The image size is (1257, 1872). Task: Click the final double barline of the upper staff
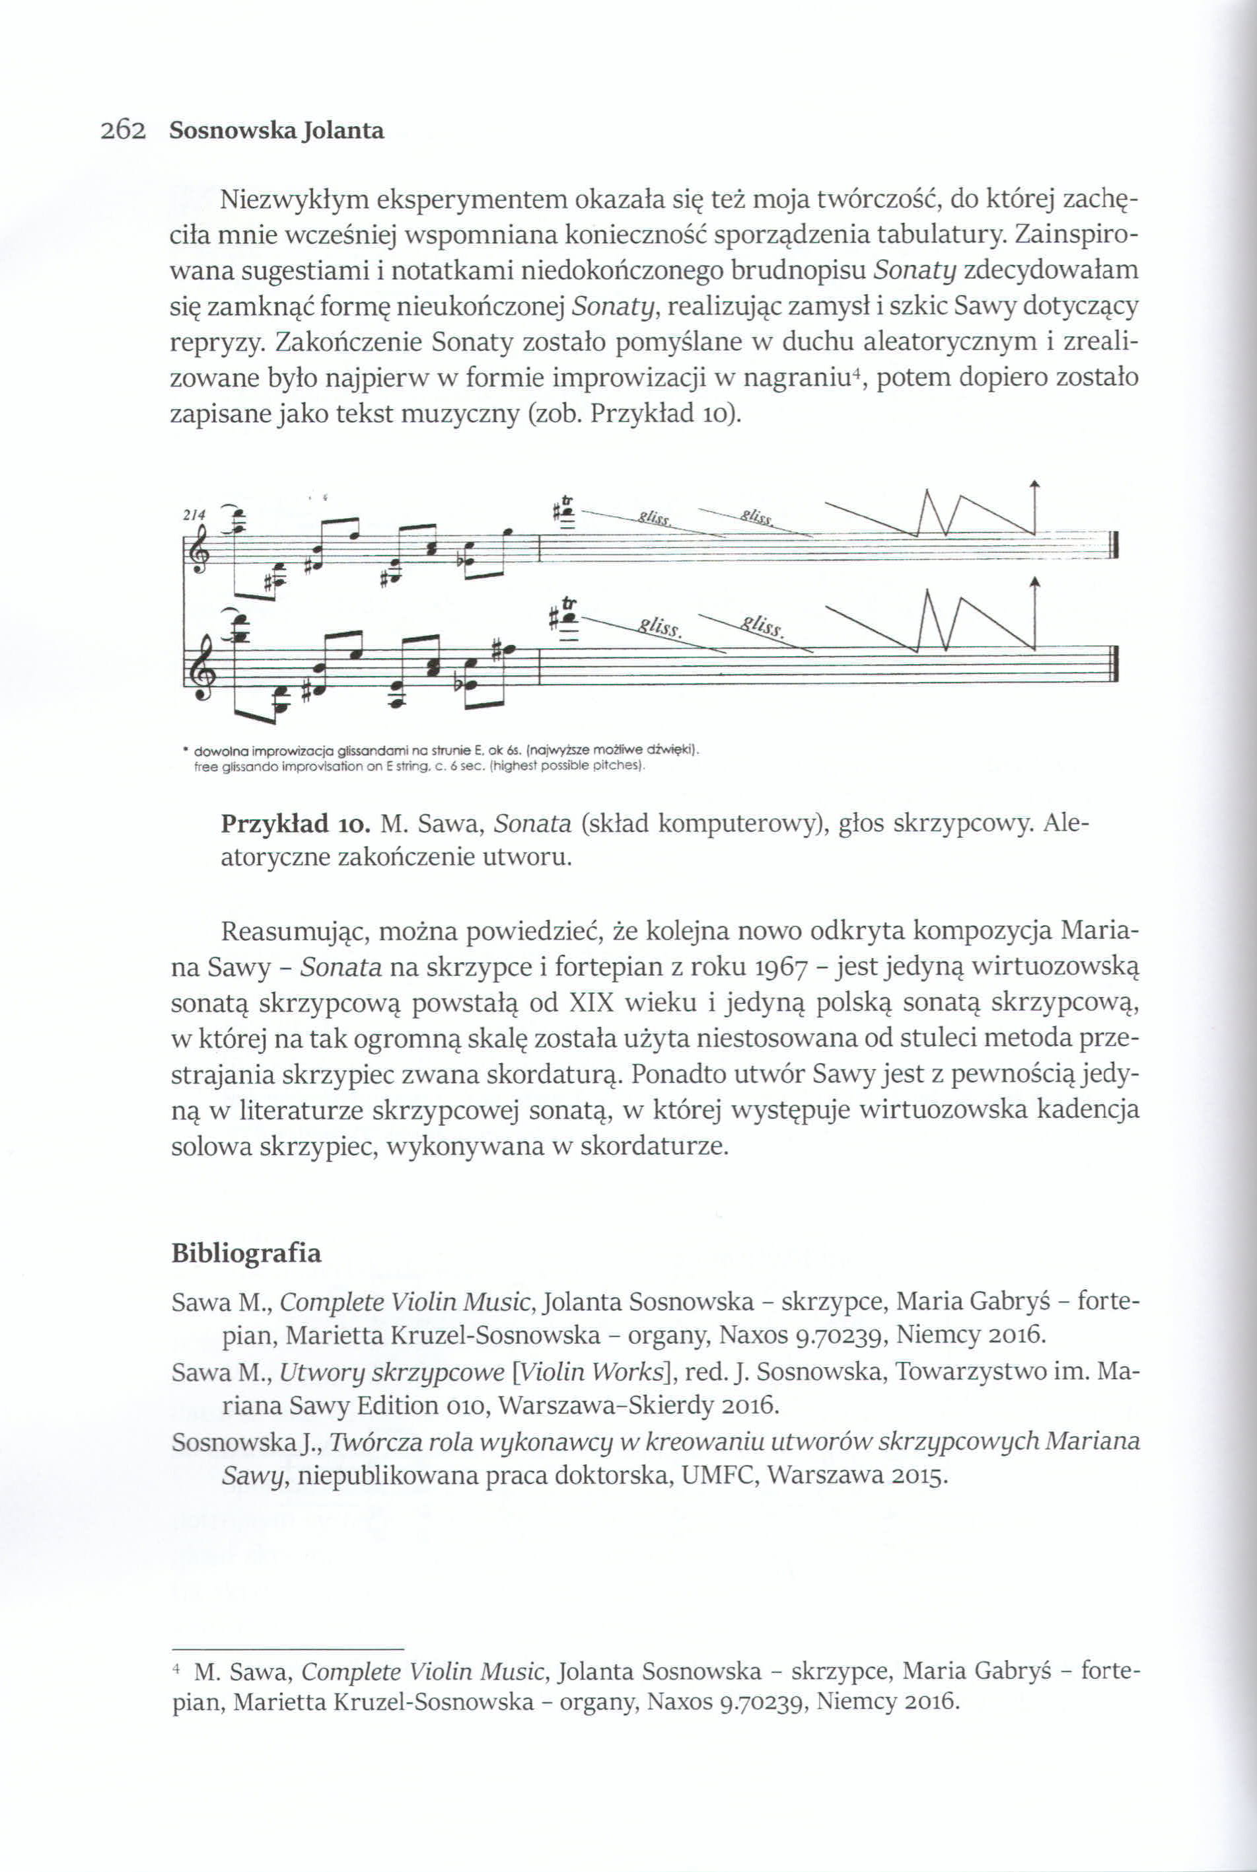pos(1114,555)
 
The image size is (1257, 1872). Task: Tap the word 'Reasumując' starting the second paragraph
pos(291,932)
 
